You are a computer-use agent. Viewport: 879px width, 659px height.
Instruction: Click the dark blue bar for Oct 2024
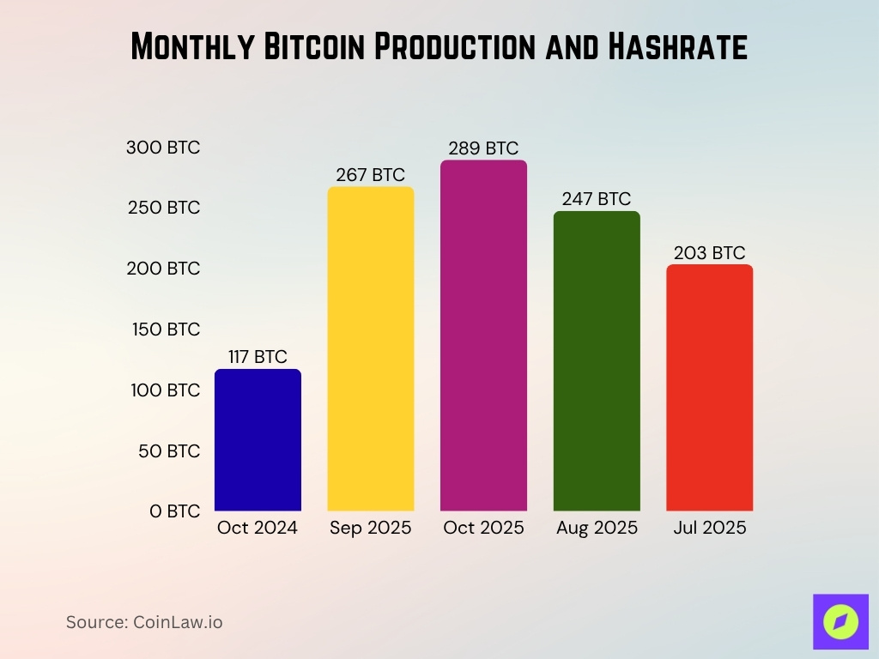pos(258,440)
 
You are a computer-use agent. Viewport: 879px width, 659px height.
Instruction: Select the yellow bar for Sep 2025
pos(371,349)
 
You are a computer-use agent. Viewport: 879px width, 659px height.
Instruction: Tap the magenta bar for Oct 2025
pos(483,336)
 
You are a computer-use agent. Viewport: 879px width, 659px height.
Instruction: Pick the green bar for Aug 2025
pos(597,361)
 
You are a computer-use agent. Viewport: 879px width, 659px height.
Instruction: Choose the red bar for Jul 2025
pos(709,388)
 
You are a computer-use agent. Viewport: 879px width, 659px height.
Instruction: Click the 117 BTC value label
pos(258,357)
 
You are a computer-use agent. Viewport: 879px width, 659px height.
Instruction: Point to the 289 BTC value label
pos(483,148)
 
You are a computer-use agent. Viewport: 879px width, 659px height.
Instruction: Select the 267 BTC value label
pos(370,175)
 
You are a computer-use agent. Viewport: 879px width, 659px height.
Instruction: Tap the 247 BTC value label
pos(597,199)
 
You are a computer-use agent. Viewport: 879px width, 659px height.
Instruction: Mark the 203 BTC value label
pos(709,253)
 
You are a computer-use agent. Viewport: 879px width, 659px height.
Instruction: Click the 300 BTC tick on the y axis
pos(163,148)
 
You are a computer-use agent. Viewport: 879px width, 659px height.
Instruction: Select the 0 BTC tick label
pos(174,511)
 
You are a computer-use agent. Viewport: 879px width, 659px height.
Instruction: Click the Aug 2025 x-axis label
pos(597,528)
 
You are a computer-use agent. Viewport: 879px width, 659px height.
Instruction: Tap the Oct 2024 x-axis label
pos(258,528)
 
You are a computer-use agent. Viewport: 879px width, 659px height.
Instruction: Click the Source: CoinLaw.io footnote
pos(144,622)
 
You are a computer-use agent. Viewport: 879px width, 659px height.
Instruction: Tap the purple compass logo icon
pos(840,621)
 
